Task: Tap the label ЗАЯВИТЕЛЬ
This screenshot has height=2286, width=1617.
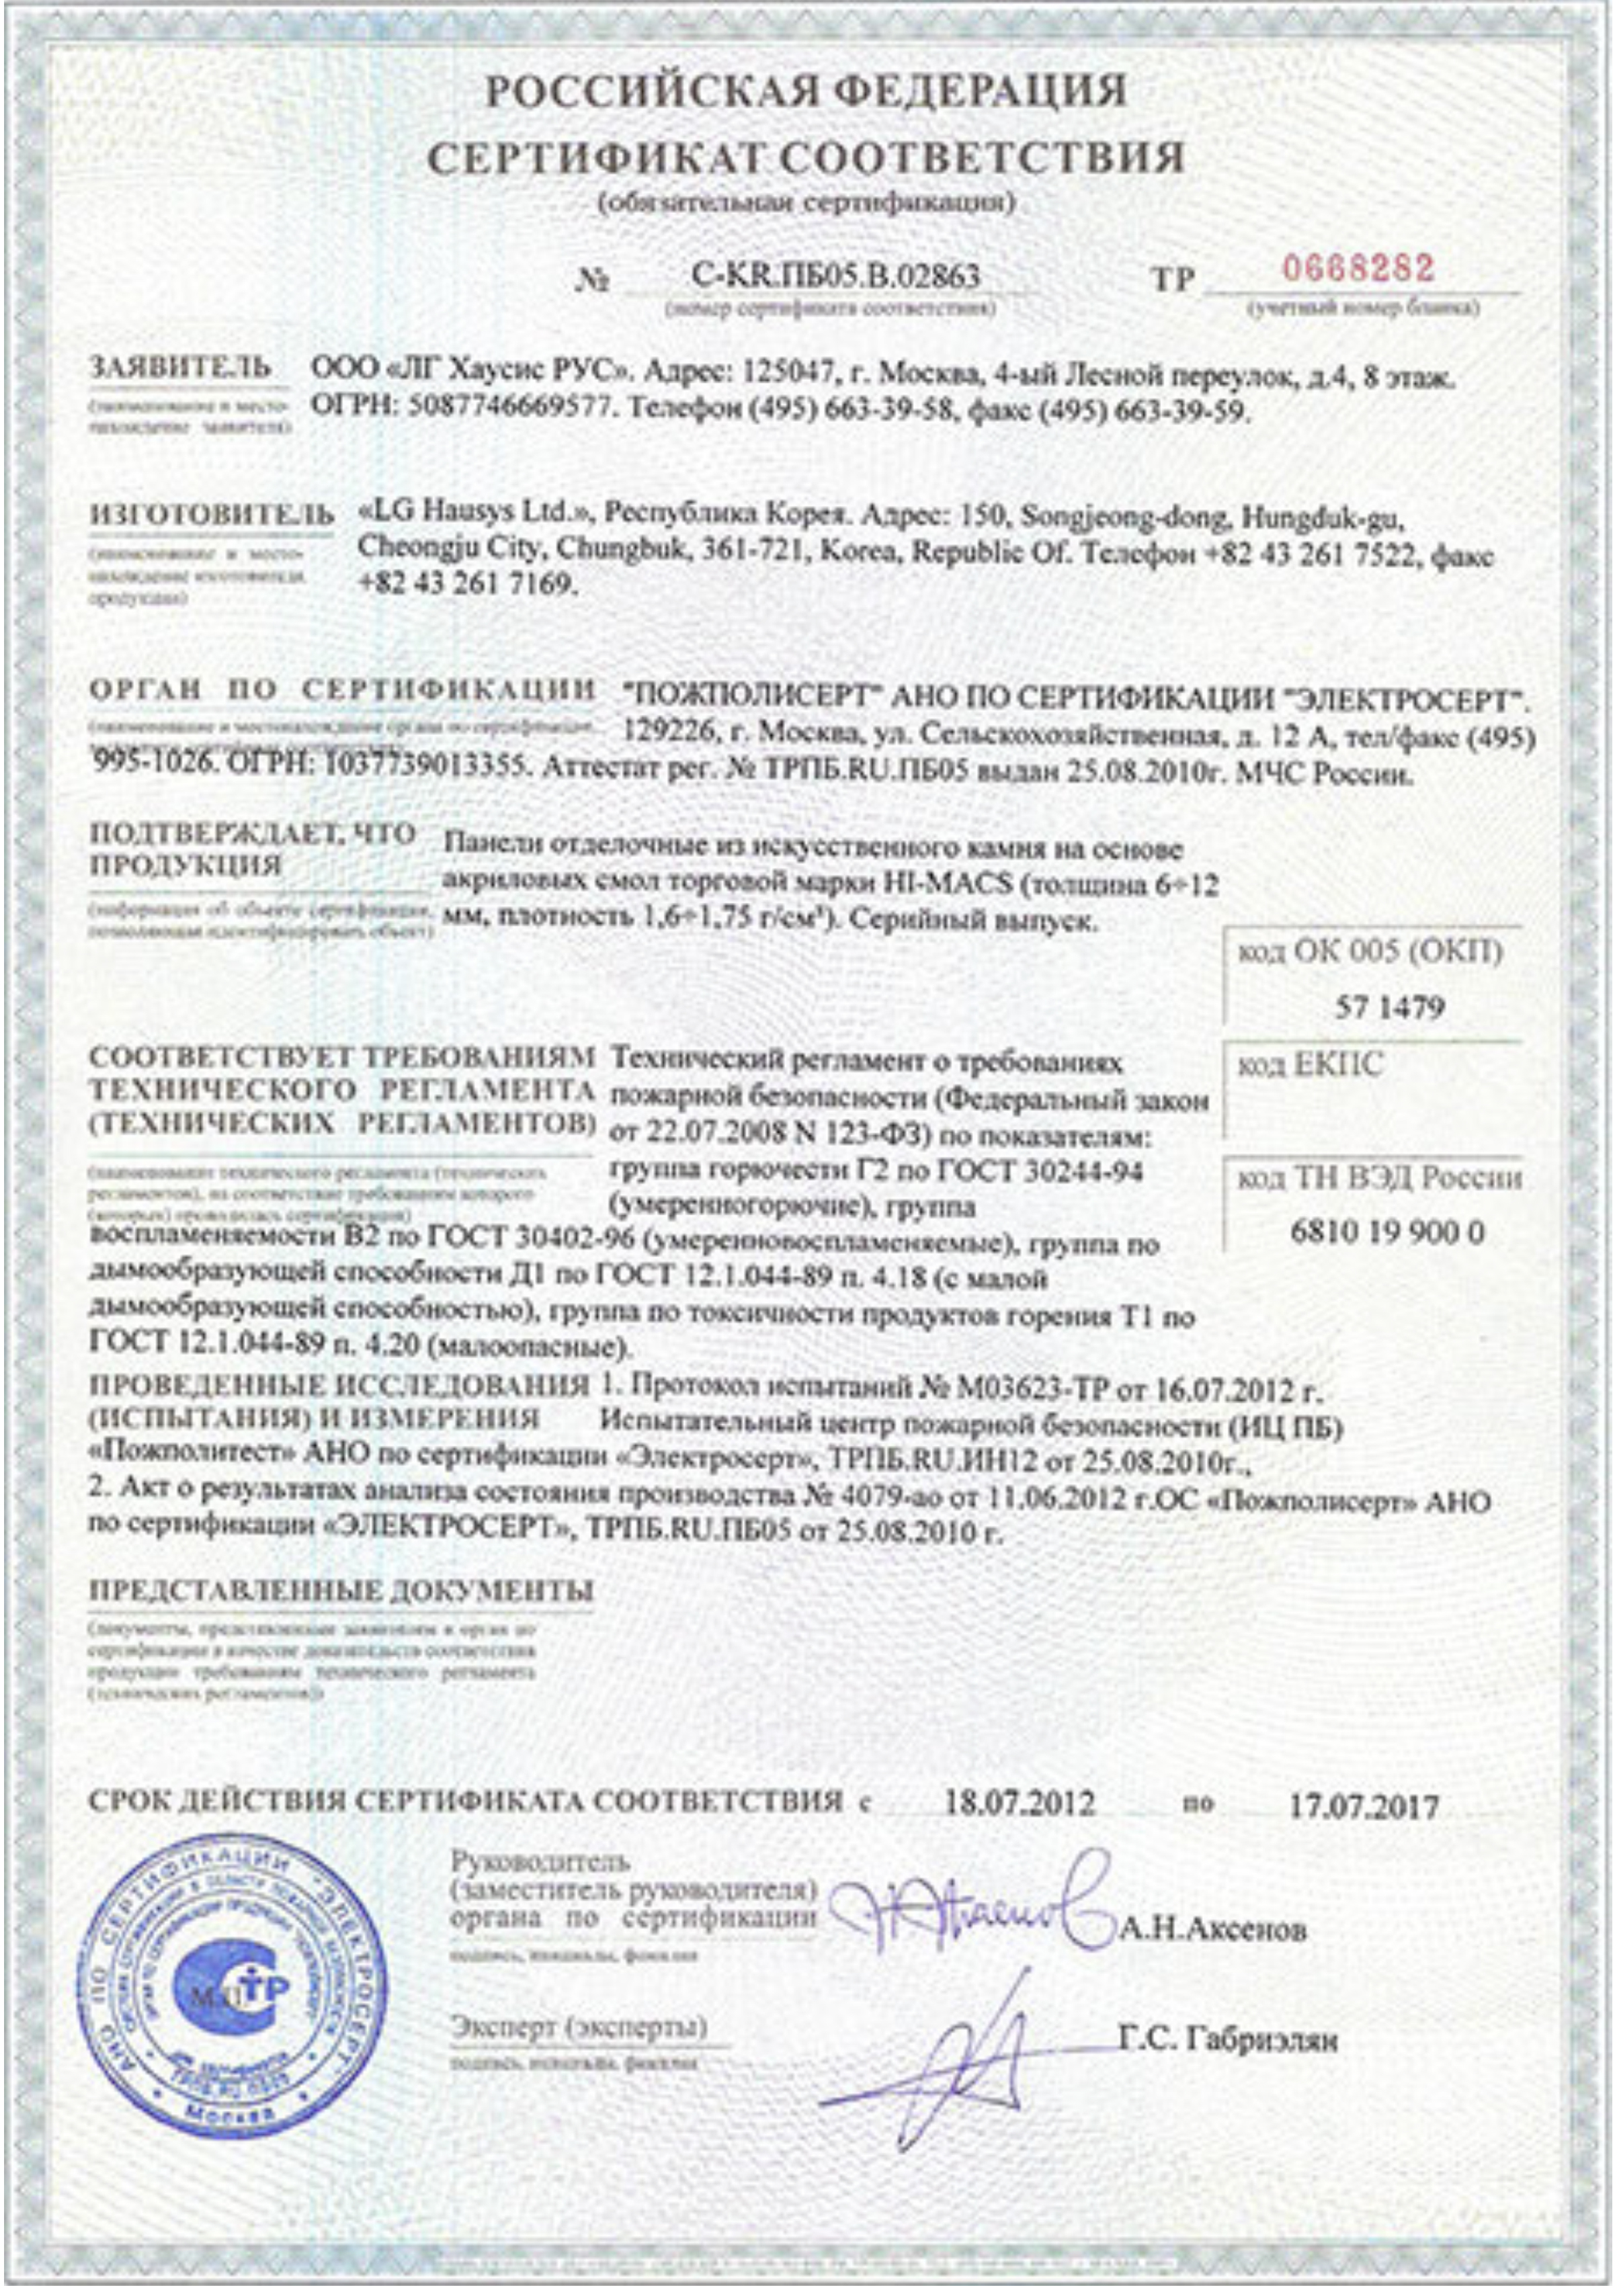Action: point(180,368)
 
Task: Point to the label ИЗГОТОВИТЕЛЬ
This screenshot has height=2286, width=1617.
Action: point(212,516)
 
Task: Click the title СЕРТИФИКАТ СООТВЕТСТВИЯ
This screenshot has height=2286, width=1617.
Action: point(806,157)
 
